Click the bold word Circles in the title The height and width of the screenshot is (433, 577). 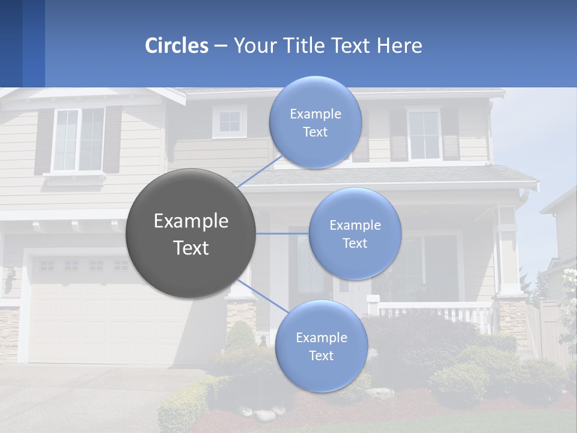coord(177,46)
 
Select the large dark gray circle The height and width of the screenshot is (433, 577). coord(191,233)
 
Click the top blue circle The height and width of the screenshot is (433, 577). coord(315,122)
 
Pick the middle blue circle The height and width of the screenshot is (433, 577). coord(355,233)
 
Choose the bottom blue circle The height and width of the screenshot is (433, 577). coord(321,346)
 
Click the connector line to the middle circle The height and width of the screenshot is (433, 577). coord(282,233)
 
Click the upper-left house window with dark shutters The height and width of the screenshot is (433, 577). coord(79,140)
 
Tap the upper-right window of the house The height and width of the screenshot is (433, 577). coord(424,135)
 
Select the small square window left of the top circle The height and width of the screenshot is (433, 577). coord(229,122)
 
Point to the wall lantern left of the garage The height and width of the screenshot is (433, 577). coord(10,280)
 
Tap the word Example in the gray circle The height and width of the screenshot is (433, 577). coord(191,221)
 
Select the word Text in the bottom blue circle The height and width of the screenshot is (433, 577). coord(321,355)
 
